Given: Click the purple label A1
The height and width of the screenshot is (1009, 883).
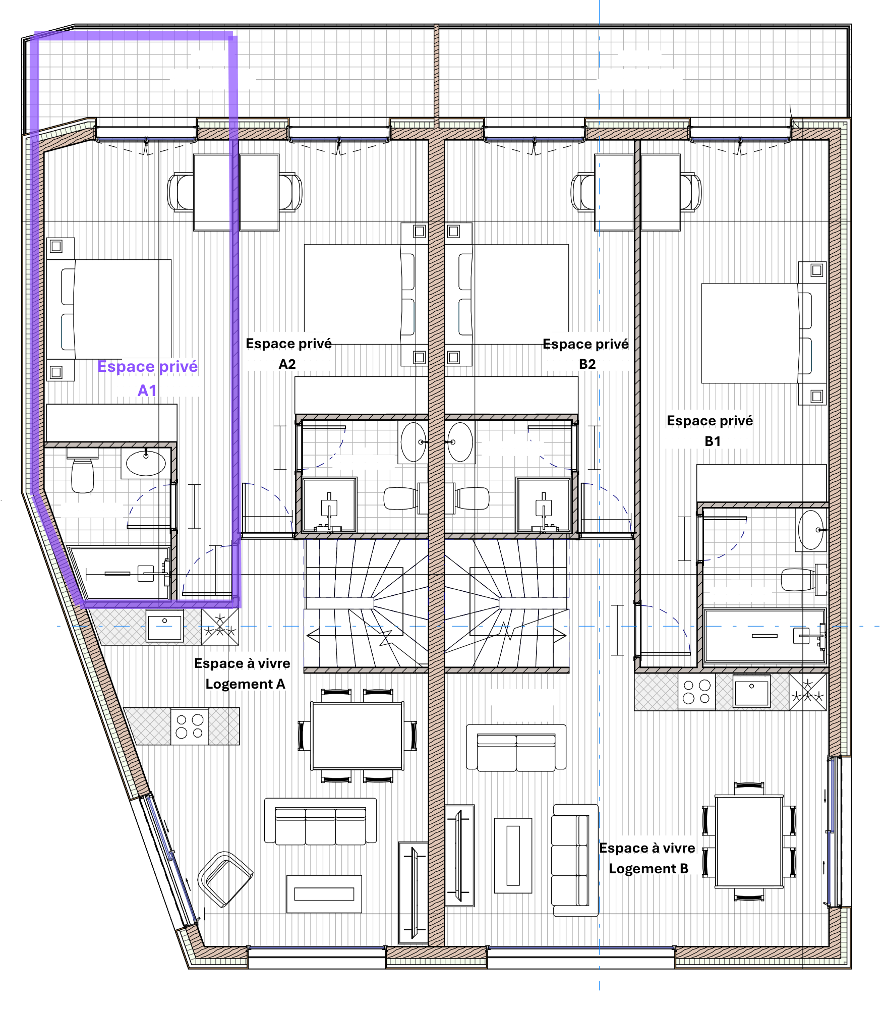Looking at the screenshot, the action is click(147, 390).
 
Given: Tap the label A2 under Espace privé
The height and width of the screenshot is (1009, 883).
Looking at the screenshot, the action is click(287, 364).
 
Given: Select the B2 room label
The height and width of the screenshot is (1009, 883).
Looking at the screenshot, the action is click(587, 364).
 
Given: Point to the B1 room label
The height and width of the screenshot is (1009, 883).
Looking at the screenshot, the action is click(713, 441).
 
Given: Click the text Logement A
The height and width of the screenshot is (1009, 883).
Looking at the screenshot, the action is click(245, 684).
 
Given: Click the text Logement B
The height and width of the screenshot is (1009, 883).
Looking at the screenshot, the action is click(649, 869).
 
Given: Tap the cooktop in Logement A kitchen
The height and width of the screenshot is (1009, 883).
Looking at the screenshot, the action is click(190, 726).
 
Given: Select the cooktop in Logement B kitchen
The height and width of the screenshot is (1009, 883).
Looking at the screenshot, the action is click(696, 692).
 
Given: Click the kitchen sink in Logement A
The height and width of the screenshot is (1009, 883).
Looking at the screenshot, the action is click(164, 626).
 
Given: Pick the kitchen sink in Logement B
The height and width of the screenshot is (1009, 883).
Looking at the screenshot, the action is click(751, 692).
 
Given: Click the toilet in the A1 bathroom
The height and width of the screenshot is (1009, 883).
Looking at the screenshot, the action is click(82, 472).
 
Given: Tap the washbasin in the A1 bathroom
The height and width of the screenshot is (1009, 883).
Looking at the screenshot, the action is click(146, 463).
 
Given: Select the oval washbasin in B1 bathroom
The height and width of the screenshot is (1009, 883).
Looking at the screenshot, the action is click(810, 530).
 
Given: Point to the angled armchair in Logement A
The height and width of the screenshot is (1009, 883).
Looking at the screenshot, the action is click(225, 878).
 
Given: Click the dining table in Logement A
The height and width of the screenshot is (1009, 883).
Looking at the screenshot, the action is click(358, 736).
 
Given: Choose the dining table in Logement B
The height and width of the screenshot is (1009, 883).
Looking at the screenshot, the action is click(749, 841).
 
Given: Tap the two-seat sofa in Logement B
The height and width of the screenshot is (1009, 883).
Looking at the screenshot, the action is click(516, 748).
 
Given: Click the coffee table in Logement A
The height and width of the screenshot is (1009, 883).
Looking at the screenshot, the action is click(324, 894).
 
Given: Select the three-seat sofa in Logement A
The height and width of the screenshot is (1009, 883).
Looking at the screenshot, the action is click(321, 821).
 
